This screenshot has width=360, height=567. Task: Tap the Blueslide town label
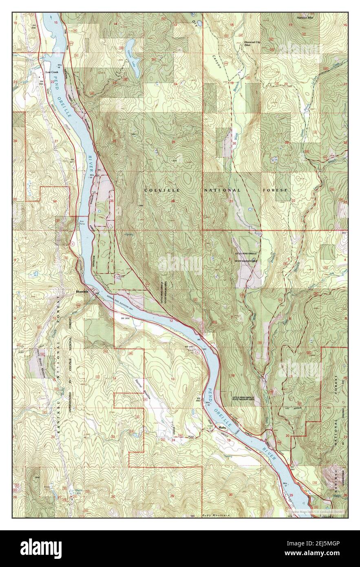[x=82, y=292]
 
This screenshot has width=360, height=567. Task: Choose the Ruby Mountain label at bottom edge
[x=216, y=516]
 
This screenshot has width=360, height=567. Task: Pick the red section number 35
[x=112, y=201]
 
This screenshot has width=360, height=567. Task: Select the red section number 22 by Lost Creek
[x=52, y=82]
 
